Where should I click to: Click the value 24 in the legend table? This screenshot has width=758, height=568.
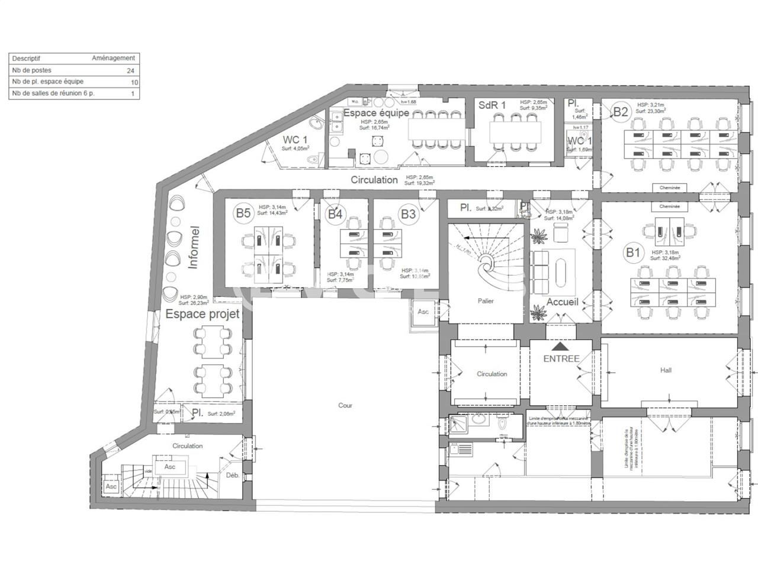click(130, 70)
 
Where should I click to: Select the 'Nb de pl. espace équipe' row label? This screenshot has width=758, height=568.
click(48, 82)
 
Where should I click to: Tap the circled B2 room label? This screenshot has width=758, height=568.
click(620, 111)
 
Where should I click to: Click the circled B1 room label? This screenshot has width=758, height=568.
click(633, 253)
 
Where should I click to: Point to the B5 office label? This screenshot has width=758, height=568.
click(243, 214)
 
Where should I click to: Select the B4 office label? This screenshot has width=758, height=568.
click(335, 214)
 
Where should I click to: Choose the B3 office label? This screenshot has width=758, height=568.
click(408, 214)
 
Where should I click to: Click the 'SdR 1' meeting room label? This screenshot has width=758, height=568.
click(492, 105)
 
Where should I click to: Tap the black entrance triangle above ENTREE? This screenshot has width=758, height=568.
click(561, 346)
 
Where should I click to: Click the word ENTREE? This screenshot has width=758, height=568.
click(561, 359)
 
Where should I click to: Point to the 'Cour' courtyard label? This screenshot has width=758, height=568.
click(345, 405)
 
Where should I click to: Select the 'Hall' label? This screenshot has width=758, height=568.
click(666, 370)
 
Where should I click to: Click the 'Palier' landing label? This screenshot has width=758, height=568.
click(486, 301)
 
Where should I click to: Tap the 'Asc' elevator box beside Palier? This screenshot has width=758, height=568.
click(423, 312)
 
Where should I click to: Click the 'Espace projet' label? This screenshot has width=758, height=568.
click(203, 314)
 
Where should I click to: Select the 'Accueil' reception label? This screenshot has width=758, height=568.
click(562, 302)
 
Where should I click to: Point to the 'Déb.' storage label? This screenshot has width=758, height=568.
click(232, 475)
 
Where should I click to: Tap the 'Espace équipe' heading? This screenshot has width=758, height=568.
click(376, 112)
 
